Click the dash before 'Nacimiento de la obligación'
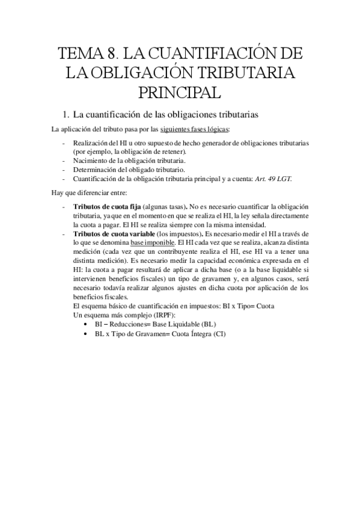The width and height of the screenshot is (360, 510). [x=63, y=161]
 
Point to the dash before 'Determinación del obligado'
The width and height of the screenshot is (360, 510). [x=63, y=170]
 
